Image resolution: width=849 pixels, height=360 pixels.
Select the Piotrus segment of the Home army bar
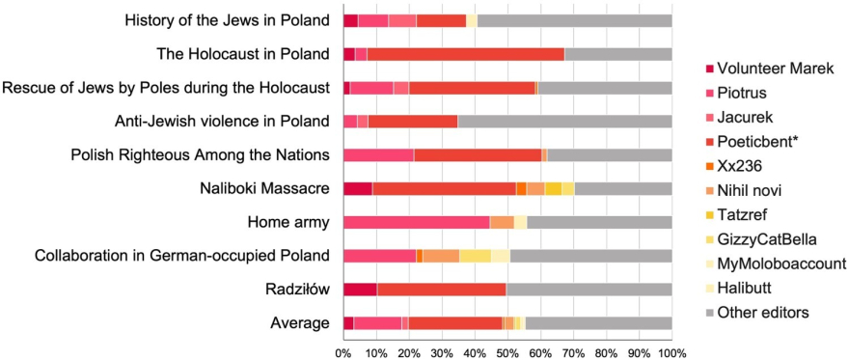pyautogui.click(x=417, y=223)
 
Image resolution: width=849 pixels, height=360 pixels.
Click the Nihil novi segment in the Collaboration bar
pyautogui.click(x=441, y=256)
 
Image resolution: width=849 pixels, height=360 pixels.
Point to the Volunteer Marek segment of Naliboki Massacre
pyautogui.click(x=358, y=189)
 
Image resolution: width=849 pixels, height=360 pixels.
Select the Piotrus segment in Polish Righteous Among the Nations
pyautogui.click(x=378, y=155)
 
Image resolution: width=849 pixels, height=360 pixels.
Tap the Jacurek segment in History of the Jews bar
pyautogui.click(x=402, y=21)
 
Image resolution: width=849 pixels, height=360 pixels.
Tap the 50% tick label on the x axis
pyautogui.click(x=507, y=353)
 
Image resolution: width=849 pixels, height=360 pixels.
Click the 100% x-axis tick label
pyautogui.click(x=671, y=353)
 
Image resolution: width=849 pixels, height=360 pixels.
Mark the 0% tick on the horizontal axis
pyautogui.click(x=343, y=353)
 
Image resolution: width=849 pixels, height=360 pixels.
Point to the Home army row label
pyautogui.click(x=288, y=223)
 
